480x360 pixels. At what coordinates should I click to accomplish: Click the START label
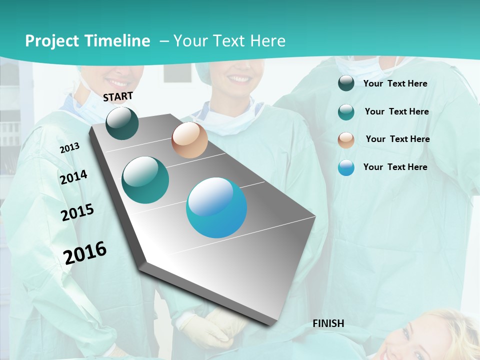pyautogui.click(x=118, y=96)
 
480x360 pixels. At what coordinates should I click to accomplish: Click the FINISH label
pyautogui.click(x=328, y=323)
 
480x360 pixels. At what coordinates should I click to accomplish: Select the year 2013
pyautogui.click(x=69, y=148)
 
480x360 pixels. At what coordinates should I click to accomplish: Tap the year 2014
pyautogui.click(x=73, y=177)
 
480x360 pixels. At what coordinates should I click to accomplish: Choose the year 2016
pyautogui.click(x=85, y=252)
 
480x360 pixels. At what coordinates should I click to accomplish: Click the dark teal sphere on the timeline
pyautogui.click(x=122, y=123)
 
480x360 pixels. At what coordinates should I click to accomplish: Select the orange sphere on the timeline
pyautogui.click(x=189, y=140)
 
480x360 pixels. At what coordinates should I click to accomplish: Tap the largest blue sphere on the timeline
pyautogui.click(x=216, y=207)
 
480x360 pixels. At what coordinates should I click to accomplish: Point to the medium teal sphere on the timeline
pyautogui.click(x=145, y=180)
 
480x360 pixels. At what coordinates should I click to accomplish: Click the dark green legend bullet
pyautogui.click(x=346, y=83)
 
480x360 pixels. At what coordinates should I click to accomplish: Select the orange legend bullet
pyautogui.click(x=346, y=140)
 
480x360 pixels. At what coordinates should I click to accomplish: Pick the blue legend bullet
pyautogui.click(x=346, y=168)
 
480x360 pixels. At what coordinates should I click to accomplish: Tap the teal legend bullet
pyautogui.click(x=346, y=112)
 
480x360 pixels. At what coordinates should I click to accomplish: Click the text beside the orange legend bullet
pyautogui.click(x=397, y=139)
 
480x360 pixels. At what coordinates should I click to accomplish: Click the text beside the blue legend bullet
pyautogui.click(x=395, y=167)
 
